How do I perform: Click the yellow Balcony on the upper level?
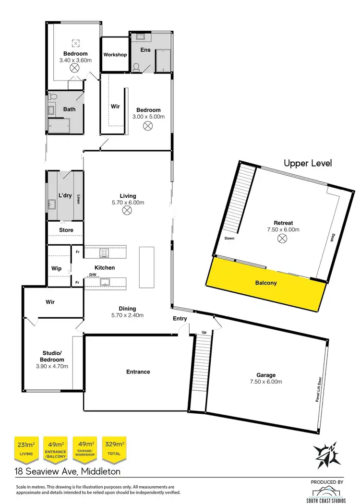[265, 283]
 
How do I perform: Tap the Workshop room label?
[115, 55]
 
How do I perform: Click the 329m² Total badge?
[114, 448]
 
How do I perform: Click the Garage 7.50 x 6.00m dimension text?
[265, 382]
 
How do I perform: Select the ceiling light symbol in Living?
[128, 210]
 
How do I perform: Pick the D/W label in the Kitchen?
[93, 275]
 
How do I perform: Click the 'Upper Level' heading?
[308, 163]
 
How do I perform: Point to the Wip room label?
[56, 269]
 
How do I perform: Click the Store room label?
[66, 230]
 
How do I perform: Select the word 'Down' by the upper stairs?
[229, 238]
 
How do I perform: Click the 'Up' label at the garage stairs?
[204, 332]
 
